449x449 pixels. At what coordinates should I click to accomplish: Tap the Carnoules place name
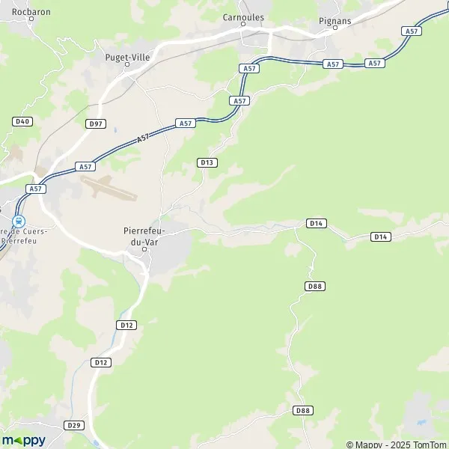243,16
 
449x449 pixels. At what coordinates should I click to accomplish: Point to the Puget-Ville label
127,55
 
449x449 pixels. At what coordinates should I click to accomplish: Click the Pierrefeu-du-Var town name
147,237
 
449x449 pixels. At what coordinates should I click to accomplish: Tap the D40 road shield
21,120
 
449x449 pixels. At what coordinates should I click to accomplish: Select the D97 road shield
95,123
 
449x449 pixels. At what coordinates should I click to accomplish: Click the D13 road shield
207,162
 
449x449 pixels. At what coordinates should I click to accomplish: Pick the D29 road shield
73,425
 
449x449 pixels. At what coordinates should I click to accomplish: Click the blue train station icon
19,221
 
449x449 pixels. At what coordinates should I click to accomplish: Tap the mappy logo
24,440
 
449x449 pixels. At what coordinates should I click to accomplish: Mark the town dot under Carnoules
243,24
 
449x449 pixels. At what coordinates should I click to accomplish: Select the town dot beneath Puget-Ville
127,64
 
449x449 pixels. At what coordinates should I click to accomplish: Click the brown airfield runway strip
108,187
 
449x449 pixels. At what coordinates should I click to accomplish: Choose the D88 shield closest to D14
315,287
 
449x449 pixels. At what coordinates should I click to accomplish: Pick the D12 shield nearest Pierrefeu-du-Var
126,325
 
